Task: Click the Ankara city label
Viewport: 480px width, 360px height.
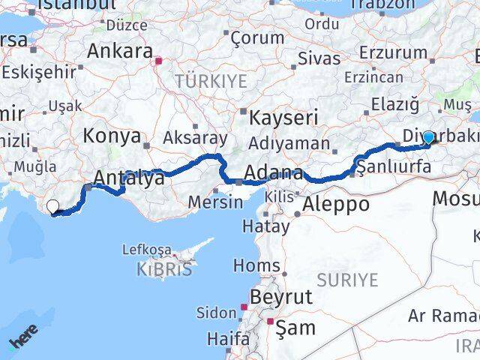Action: point(120,51)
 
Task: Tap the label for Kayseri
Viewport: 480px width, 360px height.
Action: point(283,117)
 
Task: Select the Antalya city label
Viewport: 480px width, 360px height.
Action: point(128,178)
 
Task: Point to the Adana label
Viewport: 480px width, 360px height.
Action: point(273,172)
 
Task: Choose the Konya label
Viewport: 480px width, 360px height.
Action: point(112,136)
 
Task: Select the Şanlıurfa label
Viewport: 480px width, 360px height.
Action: point(394,166)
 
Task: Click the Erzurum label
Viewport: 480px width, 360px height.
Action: point(393,52)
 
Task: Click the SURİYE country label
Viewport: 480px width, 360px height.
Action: point(347,280)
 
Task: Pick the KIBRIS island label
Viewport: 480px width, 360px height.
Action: point(164,268)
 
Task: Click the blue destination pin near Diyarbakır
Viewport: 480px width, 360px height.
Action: point(427,137)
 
